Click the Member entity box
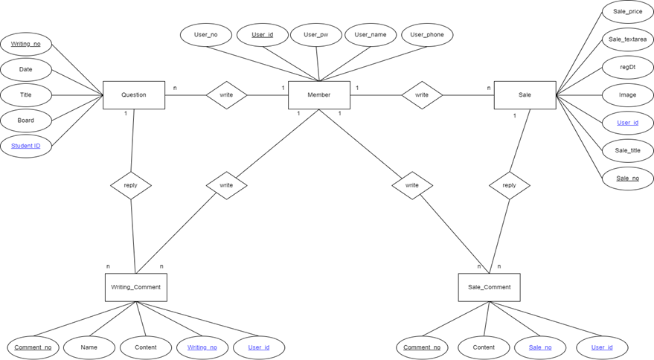pos(318,95)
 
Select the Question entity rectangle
pos(134,95)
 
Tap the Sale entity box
pos(525,95)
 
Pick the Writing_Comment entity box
pos(135,287)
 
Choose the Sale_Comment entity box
pos(489,287)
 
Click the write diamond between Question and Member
pos(226,95)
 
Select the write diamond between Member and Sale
pos(422,95)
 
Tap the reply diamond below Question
pos(131,185)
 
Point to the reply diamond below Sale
pos(509,185)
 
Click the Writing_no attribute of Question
pos(26,44)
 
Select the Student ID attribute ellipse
pos(26,146)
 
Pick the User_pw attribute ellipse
pos(315,35)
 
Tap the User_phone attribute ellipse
pos(427,35)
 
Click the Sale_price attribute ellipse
pos(627,12)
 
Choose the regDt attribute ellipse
pos(627,67)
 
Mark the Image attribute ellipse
pos(627,95)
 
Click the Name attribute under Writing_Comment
pos(89,347)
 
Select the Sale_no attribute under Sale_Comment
pos(540,347)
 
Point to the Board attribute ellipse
pos(26,120)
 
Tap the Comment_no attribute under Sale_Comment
pos(422,347)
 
